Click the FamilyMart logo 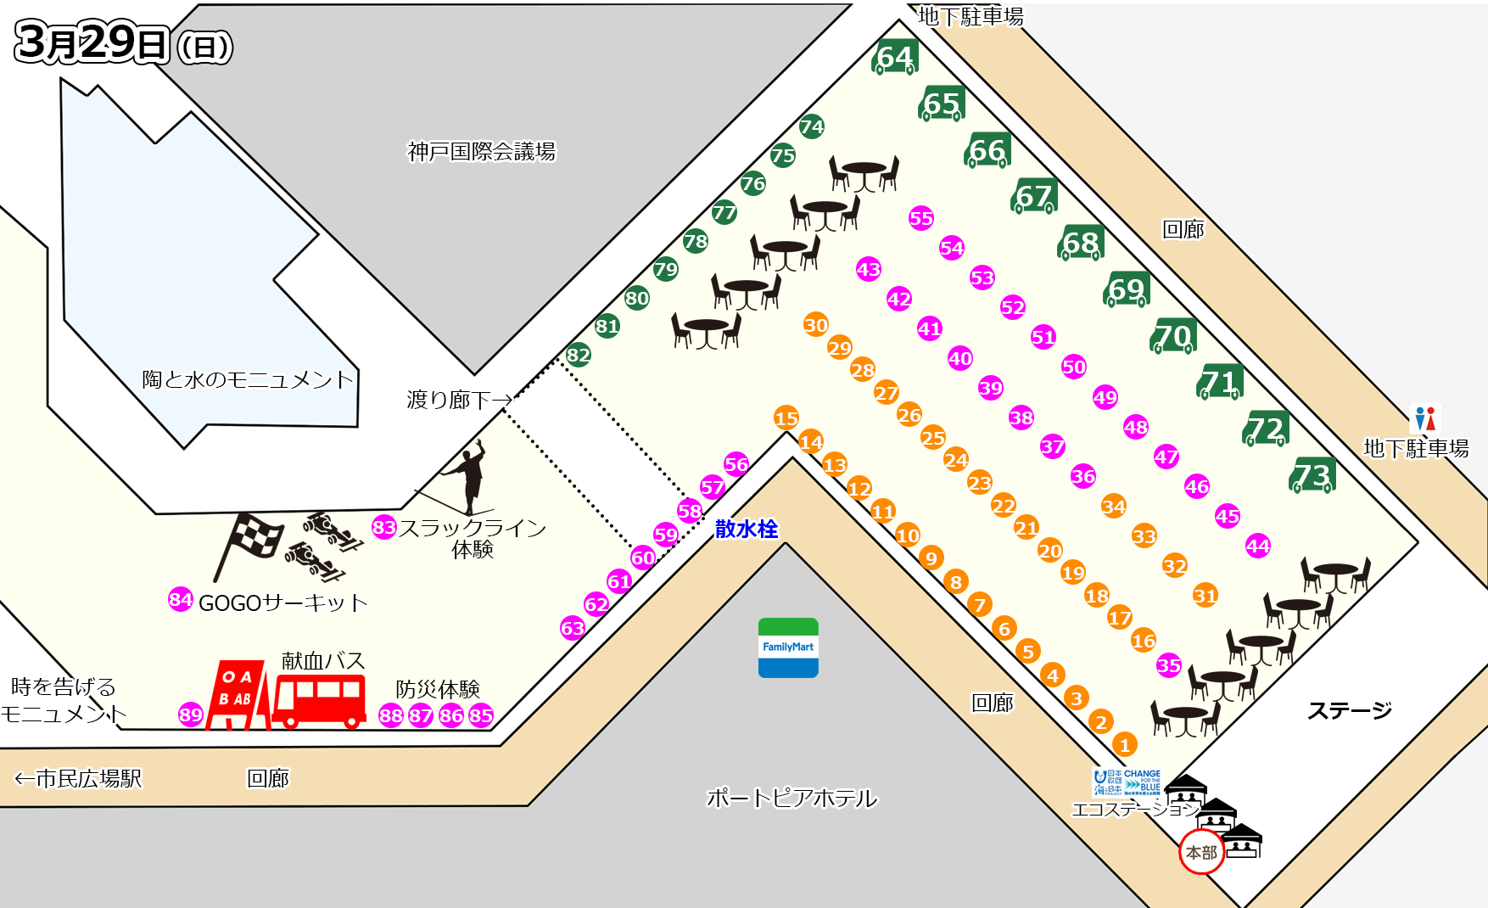pyautogui.click(x=788, y=647)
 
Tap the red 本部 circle pyautogui.click(x=1201, y=852)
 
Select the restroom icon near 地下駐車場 pyautogui.click(x=1425, y=419)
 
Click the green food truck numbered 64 pyautogui.click(x=895, y=58)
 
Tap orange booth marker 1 pyautogui.click(x=1125, y=745)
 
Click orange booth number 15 pyautogui.click(x=786, y=418)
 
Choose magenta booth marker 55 pyautogui.click(x=921, y=218)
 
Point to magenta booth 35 pyautogui.click(x=1169, y=665)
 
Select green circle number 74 pyautogui.click(x=812, y=126)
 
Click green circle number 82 pyautogui.click(x=579, y=355)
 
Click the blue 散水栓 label pyautogui.click(x=747, y=529)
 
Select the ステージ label pyautogui.click(x=1349, y=710)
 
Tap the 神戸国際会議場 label pyautogui.click(x=482, y=152)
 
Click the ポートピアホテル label pyautogui.click(x=792, y=798)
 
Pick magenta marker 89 pyautogui.click(x=191, y=715)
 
